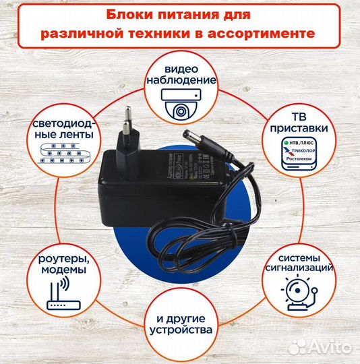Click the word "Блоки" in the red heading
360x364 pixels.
(126, 15)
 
